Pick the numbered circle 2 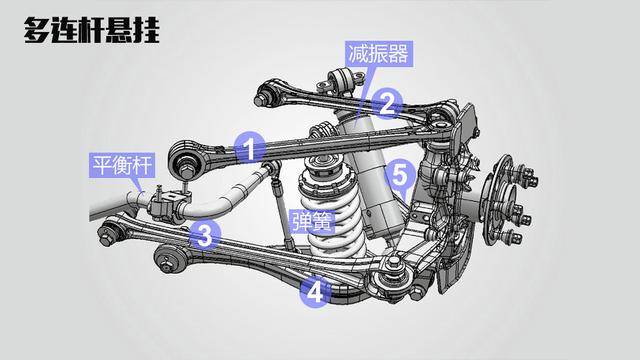pyautogui.click(x=388, y=101)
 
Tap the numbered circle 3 pyautogui.click(x=204, y=236)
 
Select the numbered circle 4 pyautogui.click(x=315, y=292)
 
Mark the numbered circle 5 pyautogui.click(x=399, y=175)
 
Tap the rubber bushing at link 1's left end pyautogui.click(x=186, y=161)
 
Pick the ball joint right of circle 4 pyautogui.click(x=392, y=268)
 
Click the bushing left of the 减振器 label pyautogui.click(x=339, y=79)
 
